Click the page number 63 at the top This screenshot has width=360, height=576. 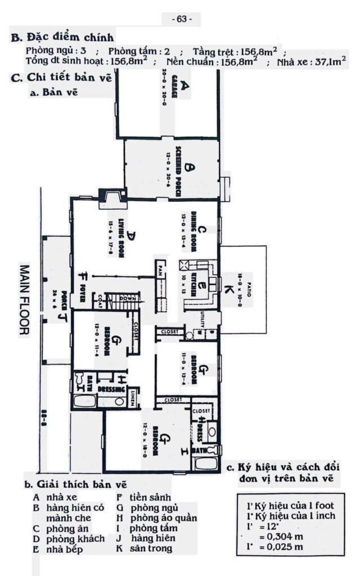181,19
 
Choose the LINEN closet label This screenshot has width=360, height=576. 132,395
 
